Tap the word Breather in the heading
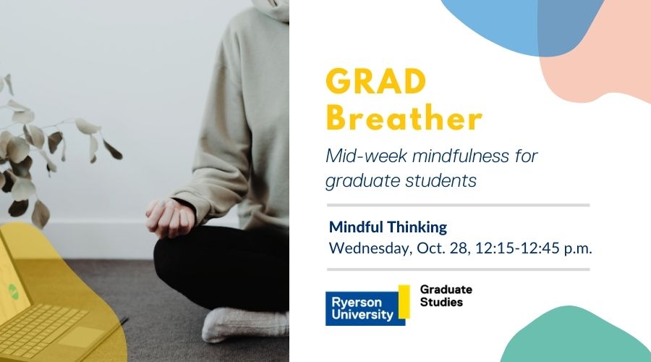coord(404,119)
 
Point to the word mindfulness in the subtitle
coord(452,155)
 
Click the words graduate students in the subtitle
coord(401,180)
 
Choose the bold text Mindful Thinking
coord(388,227)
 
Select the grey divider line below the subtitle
coord(458,205)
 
